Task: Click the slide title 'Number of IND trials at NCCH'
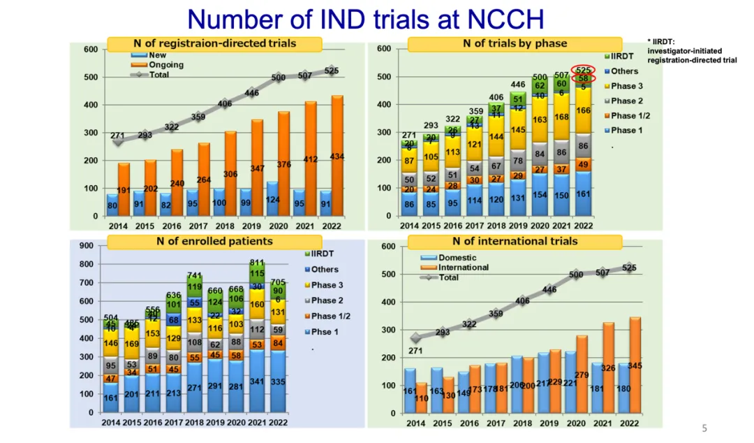(x=365, y=19)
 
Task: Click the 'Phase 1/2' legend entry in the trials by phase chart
(x=628, y=116)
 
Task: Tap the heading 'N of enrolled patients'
(x=214, y=242)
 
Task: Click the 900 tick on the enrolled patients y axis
(x=86, y=246)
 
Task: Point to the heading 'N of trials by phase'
(x=515, y=44)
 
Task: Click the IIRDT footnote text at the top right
(x=691, y=51)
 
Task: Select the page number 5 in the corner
(x=704, y=428)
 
